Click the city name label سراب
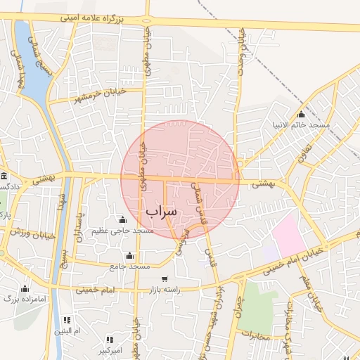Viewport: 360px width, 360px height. pos(162,211)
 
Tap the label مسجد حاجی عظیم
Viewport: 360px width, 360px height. pos(124,231)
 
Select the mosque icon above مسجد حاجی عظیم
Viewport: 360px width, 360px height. pos(123,219)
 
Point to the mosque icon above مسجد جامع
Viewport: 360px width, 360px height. pos(129,255)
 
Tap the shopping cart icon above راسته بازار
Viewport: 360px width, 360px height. pos(164,279)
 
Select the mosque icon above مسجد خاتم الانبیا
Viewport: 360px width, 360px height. pos(302,114)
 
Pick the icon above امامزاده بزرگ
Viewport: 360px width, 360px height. pos(25,288)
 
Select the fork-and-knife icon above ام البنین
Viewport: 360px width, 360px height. pos(67,320)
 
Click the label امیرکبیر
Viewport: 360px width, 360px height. pos(110,349)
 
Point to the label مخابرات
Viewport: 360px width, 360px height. pos(255,336)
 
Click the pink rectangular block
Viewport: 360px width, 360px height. pos(288,236)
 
